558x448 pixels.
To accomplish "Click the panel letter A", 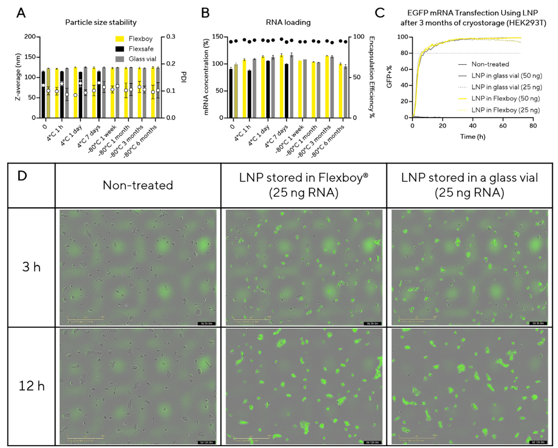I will [21, 13].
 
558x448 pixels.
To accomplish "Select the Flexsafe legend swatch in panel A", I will [120, 49].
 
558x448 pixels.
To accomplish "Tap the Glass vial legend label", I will [143, 59].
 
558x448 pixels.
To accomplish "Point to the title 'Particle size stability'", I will [101, 22].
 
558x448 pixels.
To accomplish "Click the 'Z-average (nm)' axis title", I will [18, 77].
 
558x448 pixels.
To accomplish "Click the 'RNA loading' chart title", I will [288, 22].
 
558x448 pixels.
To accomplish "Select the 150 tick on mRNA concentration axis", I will [217, 37].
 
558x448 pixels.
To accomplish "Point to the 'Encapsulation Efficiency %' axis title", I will [372, 77].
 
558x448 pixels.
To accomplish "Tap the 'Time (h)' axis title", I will [472, 137].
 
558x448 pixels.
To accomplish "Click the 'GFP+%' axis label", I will [389, 77].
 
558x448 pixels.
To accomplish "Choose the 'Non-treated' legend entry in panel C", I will [490, 64].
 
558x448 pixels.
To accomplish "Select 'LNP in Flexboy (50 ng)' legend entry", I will [505, 98].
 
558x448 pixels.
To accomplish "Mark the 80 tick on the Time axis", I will [533, 126].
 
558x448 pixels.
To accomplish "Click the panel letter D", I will [22, 176].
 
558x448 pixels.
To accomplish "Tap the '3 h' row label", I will [31, 267].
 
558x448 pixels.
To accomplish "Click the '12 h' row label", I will [31, 386].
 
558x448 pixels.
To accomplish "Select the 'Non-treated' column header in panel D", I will [138, 185].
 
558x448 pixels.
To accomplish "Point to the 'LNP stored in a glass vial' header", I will [469, 185].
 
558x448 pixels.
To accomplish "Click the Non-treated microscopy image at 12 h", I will [138, 386].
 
